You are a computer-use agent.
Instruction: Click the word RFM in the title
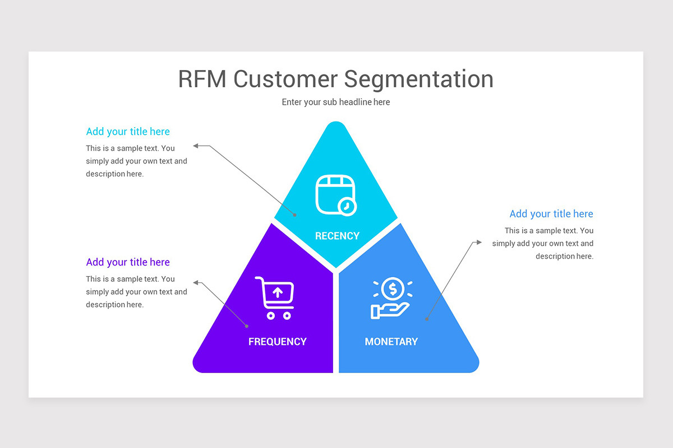tap(202, 79)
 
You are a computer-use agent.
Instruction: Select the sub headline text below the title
tap(335, 102)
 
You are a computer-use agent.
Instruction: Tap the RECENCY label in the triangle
tap(337, 236)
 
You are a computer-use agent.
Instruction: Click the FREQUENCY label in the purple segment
tap(277, 342)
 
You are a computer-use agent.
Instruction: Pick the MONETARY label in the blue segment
tap(391, 342)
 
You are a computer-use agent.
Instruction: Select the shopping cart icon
tap(275, 297)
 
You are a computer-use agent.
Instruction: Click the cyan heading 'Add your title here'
tap(128, 132)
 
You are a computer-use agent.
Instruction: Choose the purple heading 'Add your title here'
tap(128, 262)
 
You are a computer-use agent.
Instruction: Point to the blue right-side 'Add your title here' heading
tap(551, 214)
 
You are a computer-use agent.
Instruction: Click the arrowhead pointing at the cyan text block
tap(196, 146)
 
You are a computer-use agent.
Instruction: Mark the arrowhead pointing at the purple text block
tap(196, 282)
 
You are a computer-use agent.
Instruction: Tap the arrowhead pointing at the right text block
tap(478, 242)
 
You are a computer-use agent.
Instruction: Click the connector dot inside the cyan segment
tap(295, 214)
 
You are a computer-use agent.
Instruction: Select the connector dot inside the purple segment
tap(246, 325)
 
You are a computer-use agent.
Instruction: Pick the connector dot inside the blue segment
tap(426, 319)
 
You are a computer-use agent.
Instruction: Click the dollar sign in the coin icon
tap(393, 289)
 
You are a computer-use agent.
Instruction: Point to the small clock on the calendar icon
tap(347, 206)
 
